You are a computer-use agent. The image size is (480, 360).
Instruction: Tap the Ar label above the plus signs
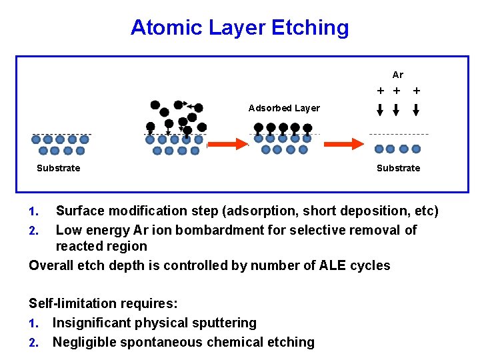(398, 75)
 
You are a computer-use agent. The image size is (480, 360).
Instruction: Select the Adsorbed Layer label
(284, 108)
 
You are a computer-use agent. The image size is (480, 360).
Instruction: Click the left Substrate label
(58, 168)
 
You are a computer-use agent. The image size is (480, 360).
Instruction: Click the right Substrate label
(398, 168)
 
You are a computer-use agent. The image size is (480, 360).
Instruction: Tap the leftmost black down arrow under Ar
(380, 110)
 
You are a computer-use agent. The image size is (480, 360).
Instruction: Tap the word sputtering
(221, 323)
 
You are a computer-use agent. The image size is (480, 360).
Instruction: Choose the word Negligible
(85, 343)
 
